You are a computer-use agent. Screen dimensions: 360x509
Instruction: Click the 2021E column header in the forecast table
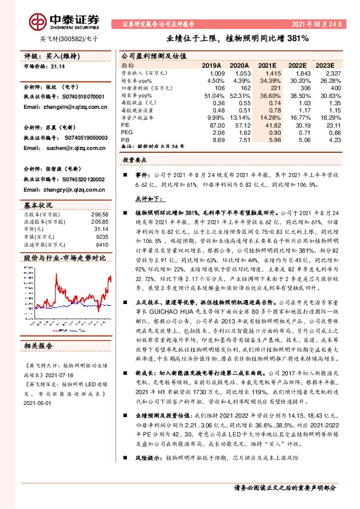click(x=266, y=65)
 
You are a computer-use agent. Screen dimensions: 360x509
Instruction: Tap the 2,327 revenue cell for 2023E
click(x=334, y=73)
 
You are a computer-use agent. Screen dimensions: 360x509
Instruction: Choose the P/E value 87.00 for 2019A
click(x=216, y=125)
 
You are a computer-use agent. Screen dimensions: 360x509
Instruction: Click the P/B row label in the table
click(x=126, y=140)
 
